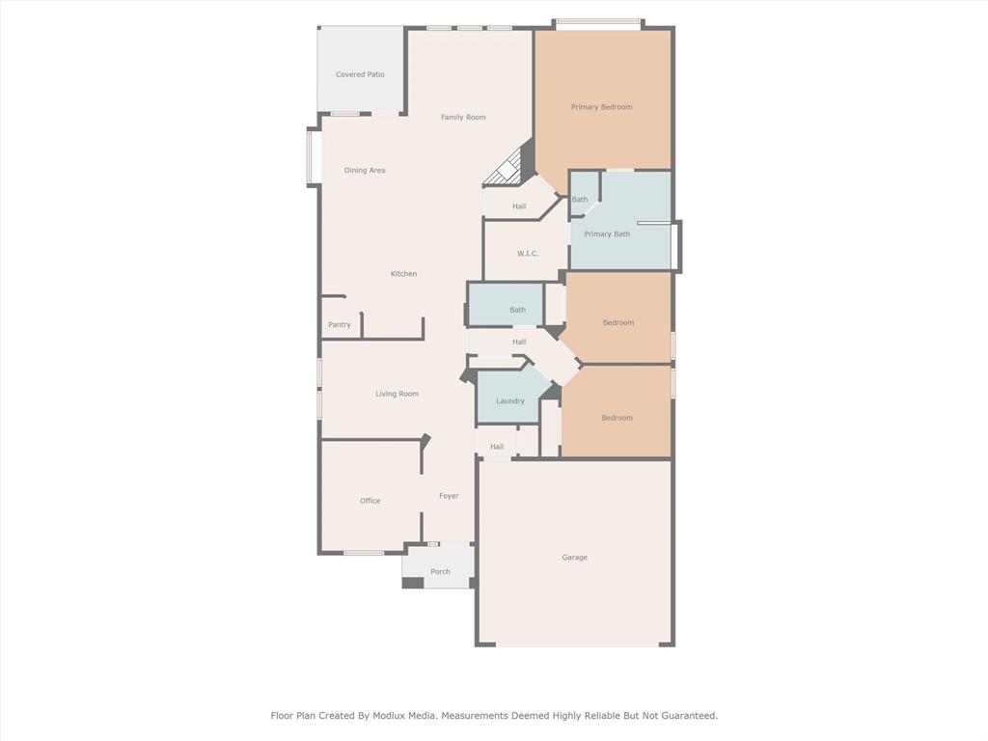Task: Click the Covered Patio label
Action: tap(360, 74)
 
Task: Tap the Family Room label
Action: tap(463, 118)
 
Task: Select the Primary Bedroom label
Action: tap(601, 107)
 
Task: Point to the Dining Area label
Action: tap(365, 171)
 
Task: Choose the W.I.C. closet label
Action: tap(528, 254)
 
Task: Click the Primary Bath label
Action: tap(607, 234)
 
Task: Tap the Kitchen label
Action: tap(403, 274)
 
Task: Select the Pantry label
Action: tap(340, 325)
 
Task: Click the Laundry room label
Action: tap(510, 401)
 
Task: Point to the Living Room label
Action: tap(397, 394)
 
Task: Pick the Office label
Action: tap(370, 501)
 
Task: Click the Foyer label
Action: tap(449, 496)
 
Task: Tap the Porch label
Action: tap(440, 572)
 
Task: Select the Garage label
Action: tap(574, 558)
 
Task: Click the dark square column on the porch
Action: tap(413, 583)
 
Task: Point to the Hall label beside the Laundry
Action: tap(497, 447)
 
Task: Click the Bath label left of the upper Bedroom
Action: tap(518, 310)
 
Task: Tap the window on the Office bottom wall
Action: tap(364, 553)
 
